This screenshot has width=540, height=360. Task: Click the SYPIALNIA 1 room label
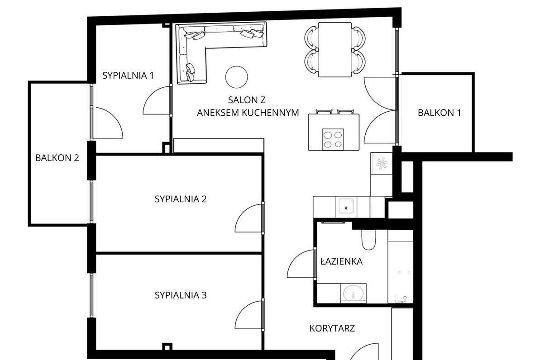[128, 76]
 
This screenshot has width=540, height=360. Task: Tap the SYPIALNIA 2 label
[181, 199]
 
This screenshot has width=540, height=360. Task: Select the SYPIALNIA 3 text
[181, 295]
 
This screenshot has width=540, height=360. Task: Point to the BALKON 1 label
[439, 113]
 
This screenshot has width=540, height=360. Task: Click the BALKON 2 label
[57, 158]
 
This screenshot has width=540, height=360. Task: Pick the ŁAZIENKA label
[341, 261]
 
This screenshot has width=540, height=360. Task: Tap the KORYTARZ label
[332, 328]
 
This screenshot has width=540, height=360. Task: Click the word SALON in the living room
[240, 99]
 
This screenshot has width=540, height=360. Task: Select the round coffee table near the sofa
[237, 77]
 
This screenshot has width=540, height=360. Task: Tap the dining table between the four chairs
[335, 50]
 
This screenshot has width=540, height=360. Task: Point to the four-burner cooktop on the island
[333, 139]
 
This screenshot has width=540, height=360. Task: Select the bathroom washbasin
[354, 294]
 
